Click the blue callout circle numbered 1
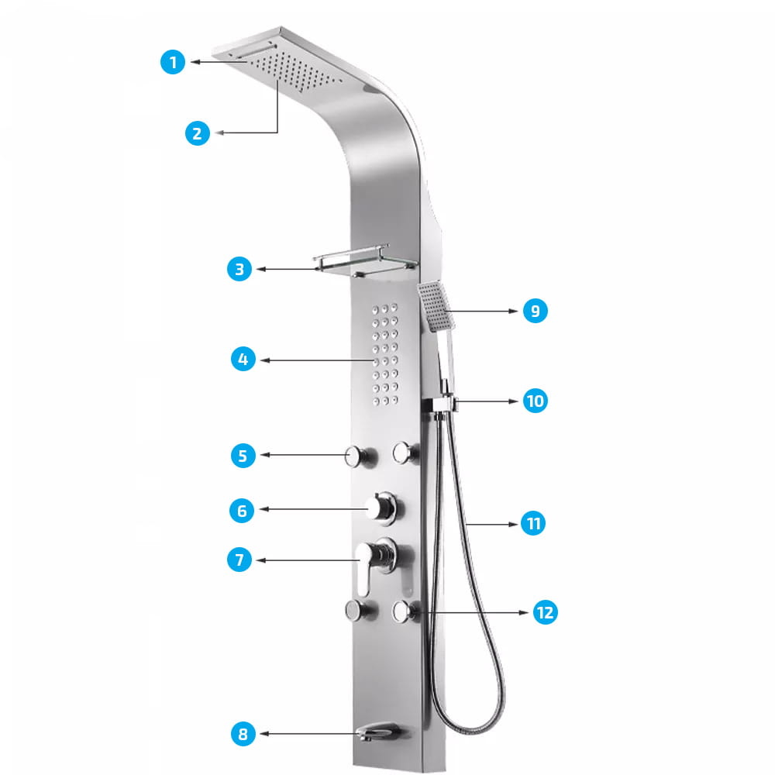coord(174,62)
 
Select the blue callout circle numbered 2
coord(198,133)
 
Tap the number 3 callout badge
coord(239,270)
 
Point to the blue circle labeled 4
coord(243,360)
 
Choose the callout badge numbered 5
coord(243,456)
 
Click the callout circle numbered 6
coord(242,510)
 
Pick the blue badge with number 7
coord(239,560)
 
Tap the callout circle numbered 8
coord(243,734)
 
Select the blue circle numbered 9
coord(535,311)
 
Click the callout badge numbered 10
coord(535,401)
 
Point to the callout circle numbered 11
coord(533,524)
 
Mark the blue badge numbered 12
coord(545,612)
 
